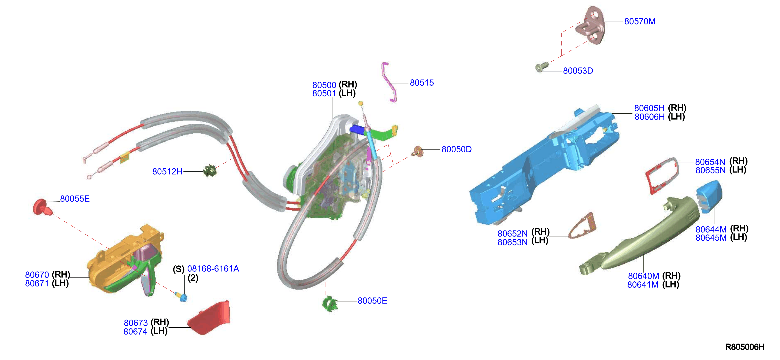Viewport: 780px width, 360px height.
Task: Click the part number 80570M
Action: coord(640,22)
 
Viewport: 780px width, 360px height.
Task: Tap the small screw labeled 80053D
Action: coord(541,67)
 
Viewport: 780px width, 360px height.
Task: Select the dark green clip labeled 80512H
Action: coord(210,171)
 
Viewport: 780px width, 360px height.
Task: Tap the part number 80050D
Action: coord(456,149)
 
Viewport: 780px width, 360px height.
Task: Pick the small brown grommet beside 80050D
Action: coord(418,151)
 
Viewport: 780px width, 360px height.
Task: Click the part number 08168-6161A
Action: coord(213,269)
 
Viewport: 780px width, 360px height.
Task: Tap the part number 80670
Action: coord(37,275)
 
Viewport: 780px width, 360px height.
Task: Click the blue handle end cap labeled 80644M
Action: coord(709,196)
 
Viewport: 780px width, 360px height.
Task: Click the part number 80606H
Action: coord(649,117)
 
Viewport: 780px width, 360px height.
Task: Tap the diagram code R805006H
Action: coord(745,347)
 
